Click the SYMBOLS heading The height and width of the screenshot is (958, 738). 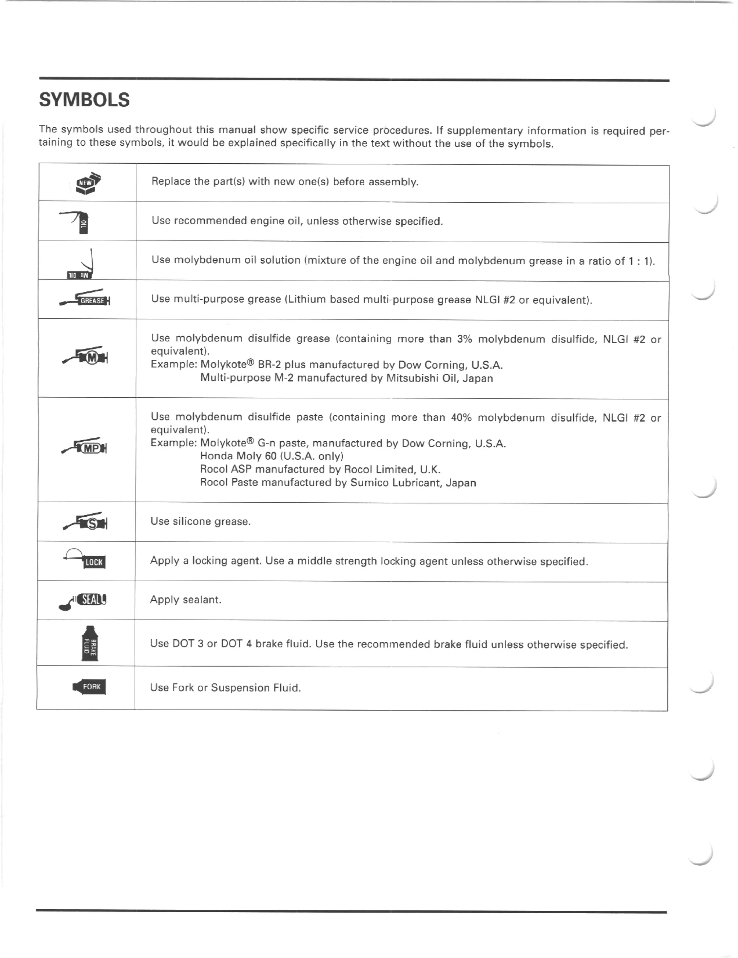(84, 100)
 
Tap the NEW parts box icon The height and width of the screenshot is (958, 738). (88, 183)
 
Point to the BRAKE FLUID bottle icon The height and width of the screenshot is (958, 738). (90, 644)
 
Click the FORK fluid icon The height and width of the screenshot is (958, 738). (89, 687)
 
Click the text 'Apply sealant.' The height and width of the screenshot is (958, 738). (186, 600)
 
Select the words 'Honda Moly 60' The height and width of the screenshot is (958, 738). (238, 456)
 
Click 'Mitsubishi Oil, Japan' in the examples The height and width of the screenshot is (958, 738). (439, 378)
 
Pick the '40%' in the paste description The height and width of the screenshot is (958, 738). (461, 417)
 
